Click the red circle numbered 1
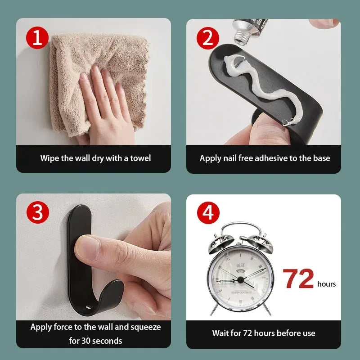pos(37,38)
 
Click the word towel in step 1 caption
pos(140,158)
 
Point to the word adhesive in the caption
pos(269,158)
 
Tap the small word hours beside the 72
pos(326,284)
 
